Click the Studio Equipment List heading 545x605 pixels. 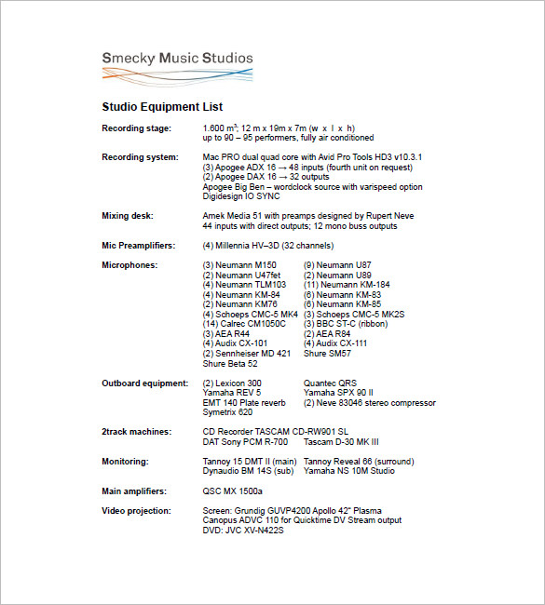(162, 107)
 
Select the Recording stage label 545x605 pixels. (136, 128)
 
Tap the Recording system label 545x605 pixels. (140, 157)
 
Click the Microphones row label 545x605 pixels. (129, 265)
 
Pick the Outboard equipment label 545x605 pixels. (144, 383)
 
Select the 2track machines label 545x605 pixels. (136, 432)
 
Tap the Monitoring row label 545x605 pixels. (124, 461)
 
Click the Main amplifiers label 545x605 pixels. (134, 491)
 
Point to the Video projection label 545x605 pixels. (136, 510)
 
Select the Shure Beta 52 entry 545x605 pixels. (230, 363)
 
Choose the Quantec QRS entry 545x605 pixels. (330, 383)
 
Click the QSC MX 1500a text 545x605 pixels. (233, 491)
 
